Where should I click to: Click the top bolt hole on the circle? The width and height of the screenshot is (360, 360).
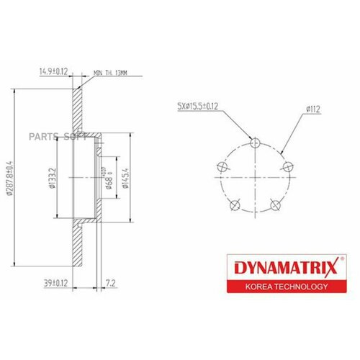point(253,141)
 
